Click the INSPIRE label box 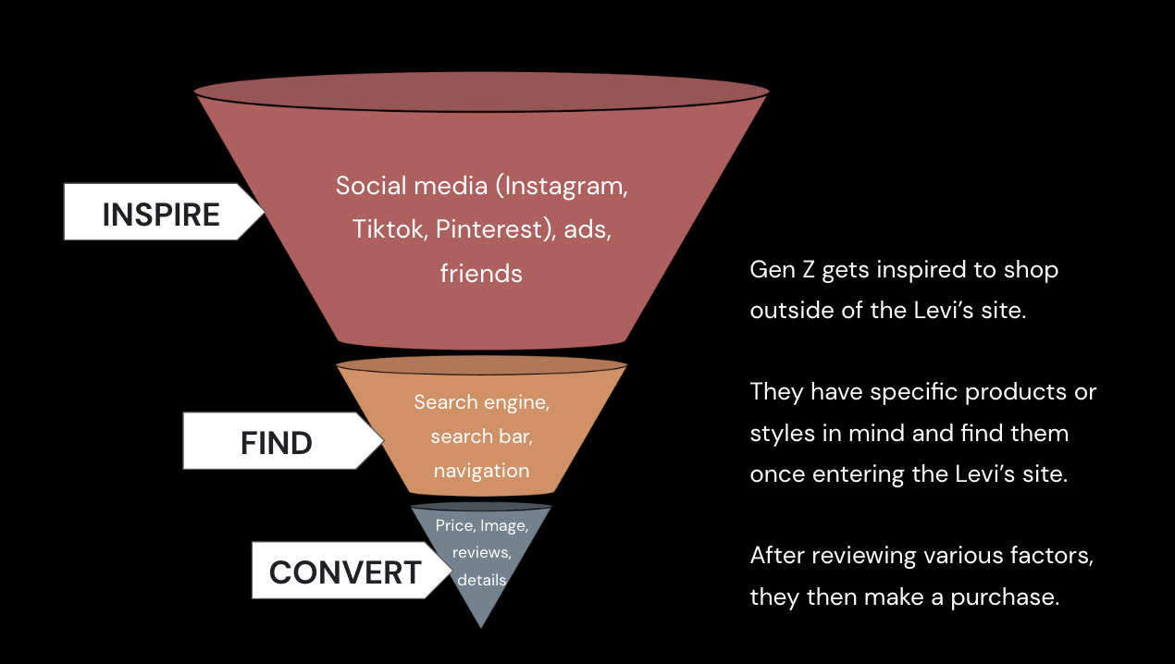click(161, 214)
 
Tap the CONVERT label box click(344, 572)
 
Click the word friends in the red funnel click(481, 274)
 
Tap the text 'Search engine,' click(481, 402)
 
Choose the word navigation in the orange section click(481, 470)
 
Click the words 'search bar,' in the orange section click(481, 437)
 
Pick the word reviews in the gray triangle click(481, 552)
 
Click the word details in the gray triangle click(481, 580)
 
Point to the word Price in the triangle click(454, 525)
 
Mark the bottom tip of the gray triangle click(481, 627)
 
